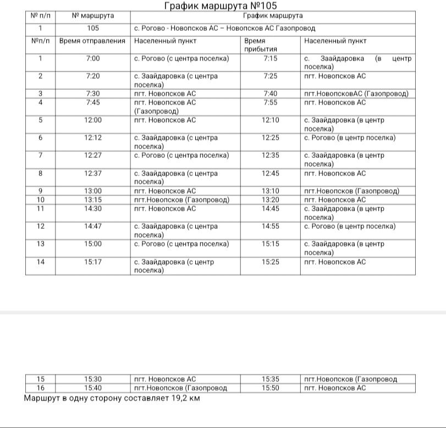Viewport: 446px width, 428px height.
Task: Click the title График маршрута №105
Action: tap(217, 6)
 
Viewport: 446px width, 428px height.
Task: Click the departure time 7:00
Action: tap(93, 59)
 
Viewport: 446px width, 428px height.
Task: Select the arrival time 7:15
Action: tap(271, 59)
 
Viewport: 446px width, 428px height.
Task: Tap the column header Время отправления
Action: tap(92, 41)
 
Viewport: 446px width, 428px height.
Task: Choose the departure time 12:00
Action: tap(93, 120)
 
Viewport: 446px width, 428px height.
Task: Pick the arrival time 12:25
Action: tap(271, 138)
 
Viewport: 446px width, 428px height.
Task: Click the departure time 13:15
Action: tap(93, 200)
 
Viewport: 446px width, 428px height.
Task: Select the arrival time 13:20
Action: tap(271, 200)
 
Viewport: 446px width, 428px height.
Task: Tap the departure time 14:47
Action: tap(93, 227)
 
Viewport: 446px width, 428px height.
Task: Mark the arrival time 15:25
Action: tap(271, 262)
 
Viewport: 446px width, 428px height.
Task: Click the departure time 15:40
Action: tap(93, 388)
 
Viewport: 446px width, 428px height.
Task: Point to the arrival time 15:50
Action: tap(271, 388)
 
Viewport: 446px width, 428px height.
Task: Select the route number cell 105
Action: tap(93, 28)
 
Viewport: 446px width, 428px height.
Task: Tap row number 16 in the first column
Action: tap(40, 388)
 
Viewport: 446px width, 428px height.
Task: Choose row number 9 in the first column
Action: tap(40, 191)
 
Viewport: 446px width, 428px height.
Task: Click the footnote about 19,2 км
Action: tap(112, 398)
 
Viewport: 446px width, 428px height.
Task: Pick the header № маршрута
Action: tap(93, 16)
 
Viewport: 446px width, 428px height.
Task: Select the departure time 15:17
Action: tap(93, 262)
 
